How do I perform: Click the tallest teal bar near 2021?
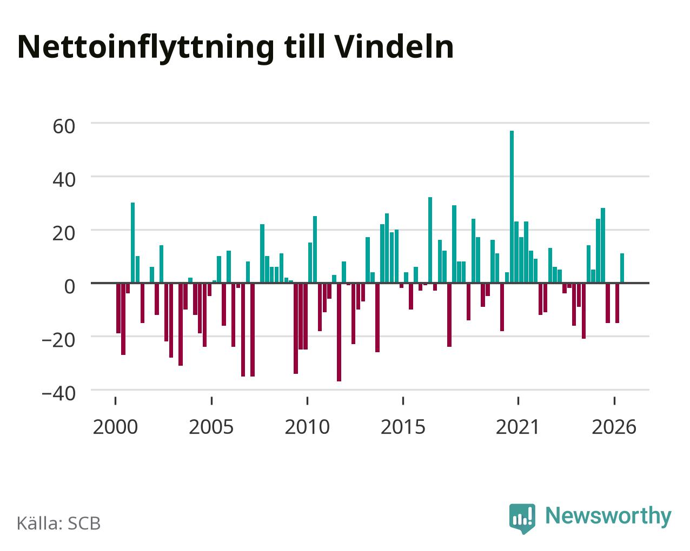point(512,206)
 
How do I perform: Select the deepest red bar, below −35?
point(339,332)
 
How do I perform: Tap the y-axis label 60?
point(64,126)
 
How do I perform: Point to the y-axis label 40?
point(64,180)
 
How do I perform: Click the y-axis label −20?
point(59,340)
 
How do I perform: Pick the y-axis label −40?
point(59,393)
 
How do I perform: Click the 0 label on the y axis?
point(70,286)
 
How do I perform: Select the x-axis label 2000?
point(115,427)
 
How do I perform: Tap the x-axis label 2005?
point(211,427)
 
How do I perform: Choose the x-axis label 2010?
point(307,427)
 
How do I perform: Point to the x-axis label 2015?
point(403,427)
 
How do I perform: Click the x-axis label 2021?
point(518,427)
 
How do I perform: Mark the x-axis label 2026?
point(614,427)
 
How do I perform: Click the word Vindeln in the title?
point(394,47)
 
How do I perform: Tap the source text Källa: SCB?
point(59,523)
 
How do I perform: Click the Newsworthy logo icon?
point(522,519)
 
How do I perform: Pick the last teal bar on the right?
point(622,268)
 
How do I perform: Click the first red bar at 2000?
point(118,308)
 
